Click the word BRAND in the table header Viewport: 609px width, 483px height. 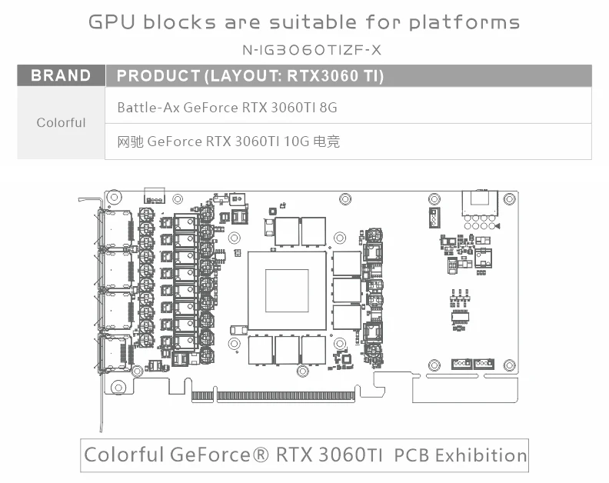pos(61,75)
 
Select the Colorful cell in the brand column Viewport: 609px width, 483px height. pos(61,123)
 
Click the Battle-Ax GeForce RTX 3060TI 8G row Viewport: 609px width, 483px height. pos(227,108)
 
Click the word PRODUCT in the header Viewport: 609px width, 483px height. pos(158,75)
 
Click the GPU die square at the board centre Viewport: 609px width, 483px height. pos(287,290)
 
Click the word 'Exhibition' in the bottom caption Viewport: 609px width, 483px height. pos(481,455)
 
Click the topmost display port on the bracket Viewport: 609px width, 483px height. pos(116,228)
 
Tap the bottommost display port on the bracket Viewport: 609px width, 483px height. pos(116,351)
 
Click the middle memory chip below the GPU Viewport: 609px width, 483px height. pos(287,349)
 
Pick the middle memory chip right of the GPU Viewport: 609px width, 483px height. pos(347,290)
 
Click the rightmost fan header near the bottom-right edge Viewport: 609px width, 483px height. pos(484,362)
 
